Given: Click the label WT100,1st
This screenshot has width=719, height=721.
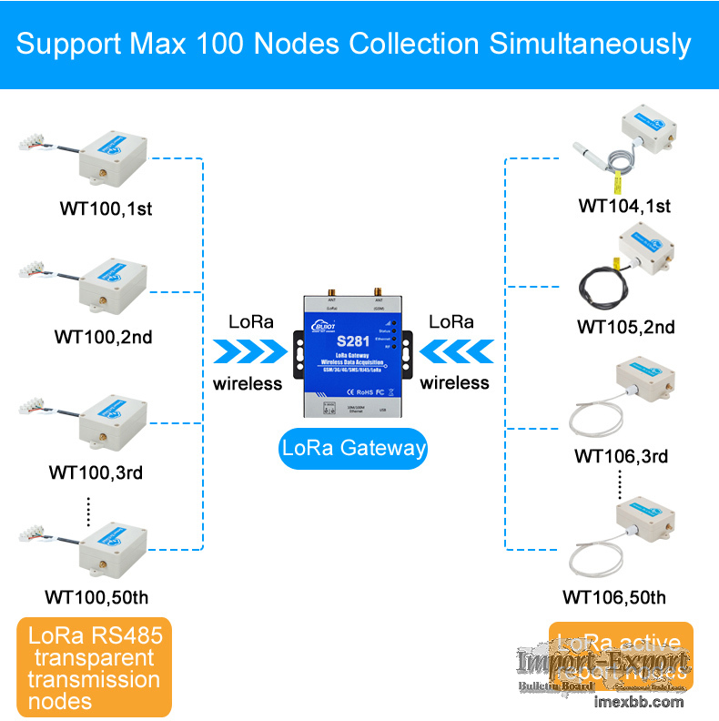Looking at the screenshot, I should pyautogui.click(x=106, y=208).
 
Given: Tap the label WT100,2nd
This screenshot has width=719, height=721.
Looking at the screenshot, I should pyautogui.click(x=103, y=337).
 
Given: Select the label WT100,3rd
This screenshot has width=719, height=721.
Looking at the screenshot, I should pyautogui.click(x=96, y=473).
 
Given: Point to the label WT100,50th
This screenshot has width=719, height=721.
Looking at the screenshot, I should pyautogui.click(x=96, y=598).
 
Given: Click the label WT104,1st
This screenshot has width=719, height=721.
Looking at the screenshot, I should pyautogui.click(x=624, y=206).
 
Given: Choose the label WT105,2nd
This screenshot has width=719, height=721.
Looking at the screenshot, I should pyautogui.click(x=625, y=328).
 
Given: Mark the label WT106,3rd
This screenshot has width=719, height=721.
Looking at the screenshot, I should pyautogui.click(x=621, y=456).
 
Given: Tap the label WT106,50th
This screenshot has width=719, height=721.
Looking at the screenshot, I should pyautogui.click(x=613, y=598).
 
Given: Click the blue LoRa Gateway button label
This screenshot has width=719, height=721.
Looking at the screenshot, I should pyautogui.click(x=354, y=448).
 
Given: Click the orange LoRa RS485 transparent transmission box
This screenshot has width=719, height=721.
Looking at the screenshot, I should pyautogui.click(x=95, y=667).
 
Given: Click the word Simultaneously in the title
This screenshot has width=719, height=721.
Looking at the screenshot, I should pyautogui.click(x=591, y=44).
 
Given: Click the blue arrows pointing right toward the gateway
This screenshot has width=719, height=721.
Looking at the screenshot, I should pyautogui.click(x=248, y=351).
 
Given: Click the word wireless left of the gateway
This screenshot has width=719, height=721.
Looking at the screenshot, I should pyautogui.click(x=248, y=383).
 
